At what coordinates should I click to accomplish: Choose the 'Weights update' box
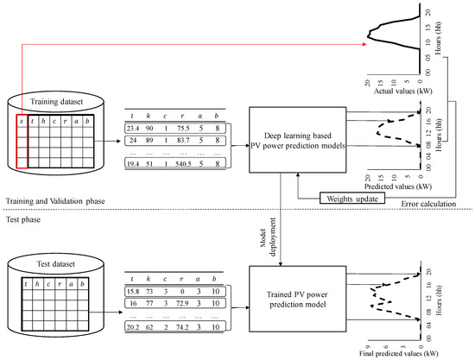(x=349, y=198)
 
